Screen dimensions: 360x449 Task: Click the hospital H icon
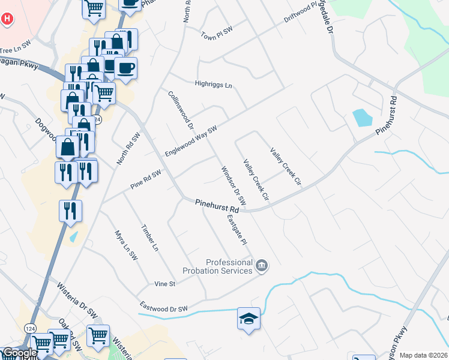tap(7, 19)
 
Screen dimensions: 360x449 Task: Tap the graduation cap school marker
tap(249, 319)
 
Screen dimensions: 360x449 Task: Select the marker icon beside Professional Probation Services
tap(262, 265)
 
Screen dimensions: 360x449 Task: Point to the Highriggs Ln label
tap(213, 85)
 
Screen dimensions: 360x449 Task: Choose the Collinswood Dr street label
tap(181, 110)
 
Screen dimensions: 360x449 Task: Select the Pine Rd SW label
tap(146, 179)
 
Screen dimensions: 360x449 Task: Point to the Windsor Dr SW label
tap(234, 186)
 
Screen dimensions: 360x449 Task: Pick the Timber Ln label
tap(150, 238)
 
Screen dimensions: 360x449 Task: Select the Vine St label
tap(164, 283)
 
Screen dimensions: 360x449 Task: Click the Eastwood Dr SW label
tap(164, 307)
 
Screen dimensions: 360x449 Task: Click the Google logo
tap(20, 353)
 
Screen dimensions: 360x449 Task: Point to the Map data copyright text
tap(423, 355)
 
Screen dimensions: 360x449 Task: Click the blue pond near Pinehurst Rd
tap(362, 118)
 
